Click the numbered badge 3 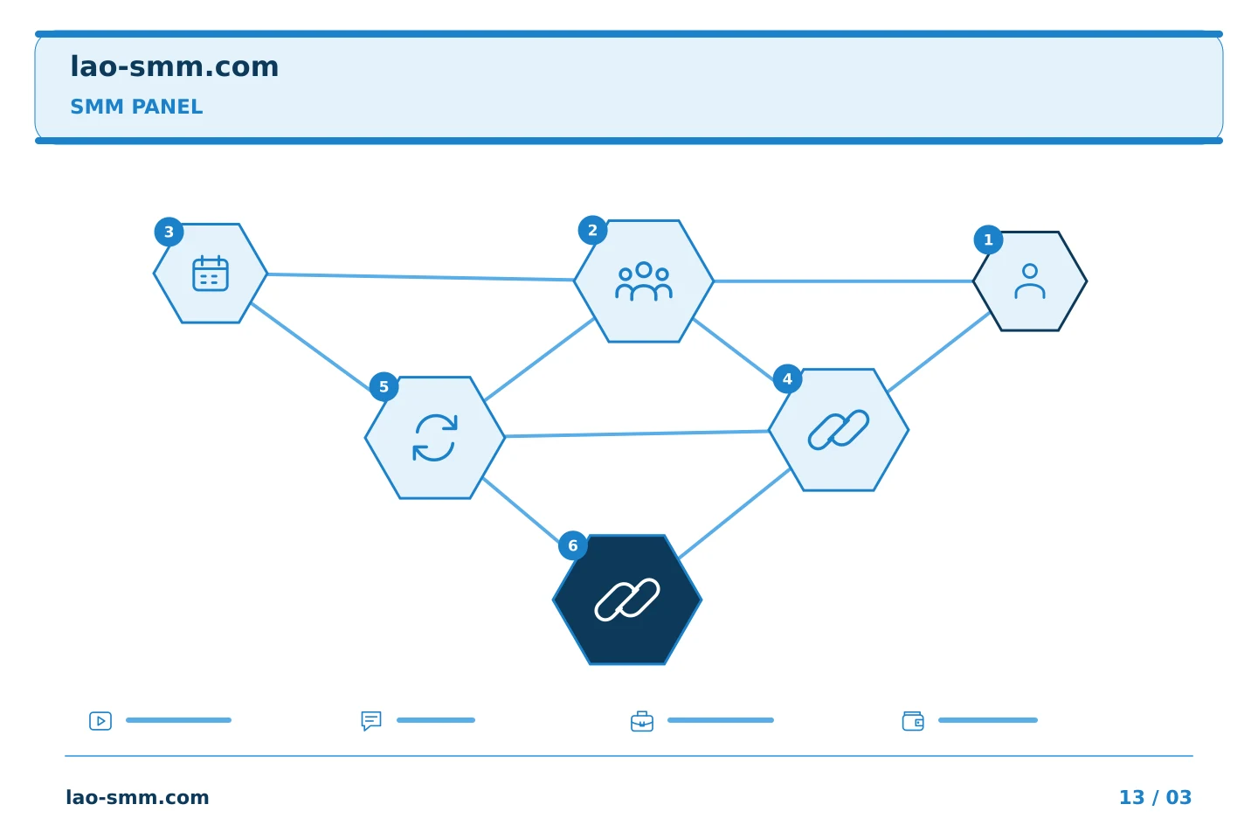point(169,232)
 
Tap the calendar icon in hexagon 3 point(211,273)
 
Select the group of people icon point(644,281)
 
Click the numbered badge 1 point(988,240)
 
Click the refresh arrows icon point(435,438)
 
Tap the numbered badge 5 point(384,386)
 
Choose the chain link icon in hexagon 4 point(839,430)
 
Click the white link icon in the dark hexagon point(626,600)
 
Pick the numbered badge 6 point(573,545)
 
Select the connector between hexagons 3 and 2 point(420,276)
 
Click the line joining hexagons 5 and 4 point(637,433)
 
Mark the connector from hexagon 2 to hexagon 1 point(844,281)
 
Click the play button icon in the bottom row point(100,721)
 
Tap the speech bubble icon point(371,721)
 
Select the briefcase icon point(642,722)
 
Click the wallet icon point(913,722)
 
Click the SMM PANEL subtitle point(136,107)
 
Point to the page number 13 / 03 point(1155,797)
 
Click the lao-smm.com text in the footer point(138,797)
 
